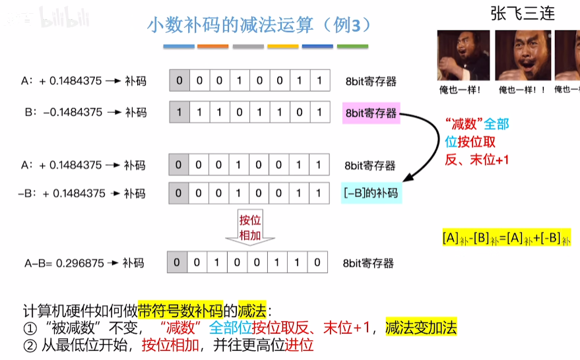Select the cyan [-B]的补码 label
coord(371,193)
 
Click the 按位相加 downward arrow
coord(249,228)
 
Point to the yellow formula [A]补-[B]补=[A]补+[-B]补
coord(506,237)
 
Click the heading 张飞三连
coord(522,13)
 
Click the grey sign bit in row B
coord(178,112)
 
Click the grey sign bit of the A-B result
coord(177,262)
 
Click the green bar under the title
coord(352,46)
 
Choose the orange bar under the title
coord(213,46)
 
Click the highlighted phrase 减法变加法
coord(421,328)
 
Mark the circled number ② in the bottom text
coord(28,345)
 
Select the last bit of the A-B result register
coord(317,262)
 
